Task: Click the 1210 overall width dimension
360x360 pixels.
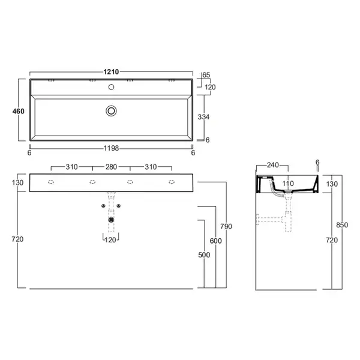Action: pos(111,72)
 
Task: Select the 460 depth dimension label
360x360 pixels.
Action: pos(19,111)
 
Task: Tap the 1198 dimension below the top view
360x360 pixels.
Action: pos(112,148)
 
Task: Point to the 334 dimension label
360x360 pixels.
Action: pos(203,117)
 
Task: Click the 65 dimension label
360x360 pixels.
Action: pos(206,75)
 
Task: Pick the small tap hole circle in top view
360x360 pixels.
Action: pos(112,87)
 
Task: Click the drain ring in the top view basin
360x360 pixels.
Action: pos(112,111)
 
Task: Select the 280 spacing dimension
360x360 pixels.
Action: pos(112,167)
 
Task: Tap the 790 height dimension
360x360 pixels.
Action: pos(226,226)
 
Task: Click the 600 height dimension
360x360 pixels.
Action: pos(216,241)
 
